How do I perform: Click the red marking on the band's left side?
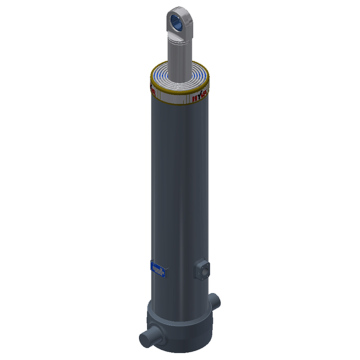click(x=156, y=88)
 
